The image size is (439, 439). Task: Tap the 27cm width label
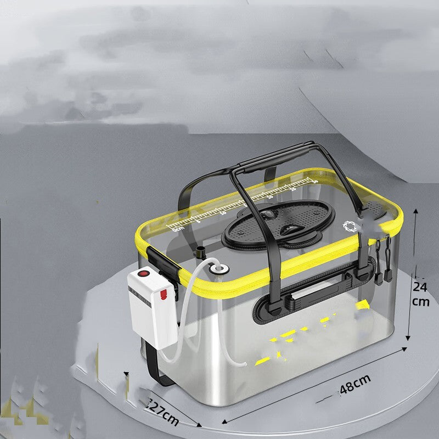[x=164, y=413]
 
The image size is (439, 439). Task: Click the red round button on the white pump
[x=144, y=273]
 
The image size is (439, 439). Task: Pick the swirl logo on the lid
[x=350, y=224]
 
